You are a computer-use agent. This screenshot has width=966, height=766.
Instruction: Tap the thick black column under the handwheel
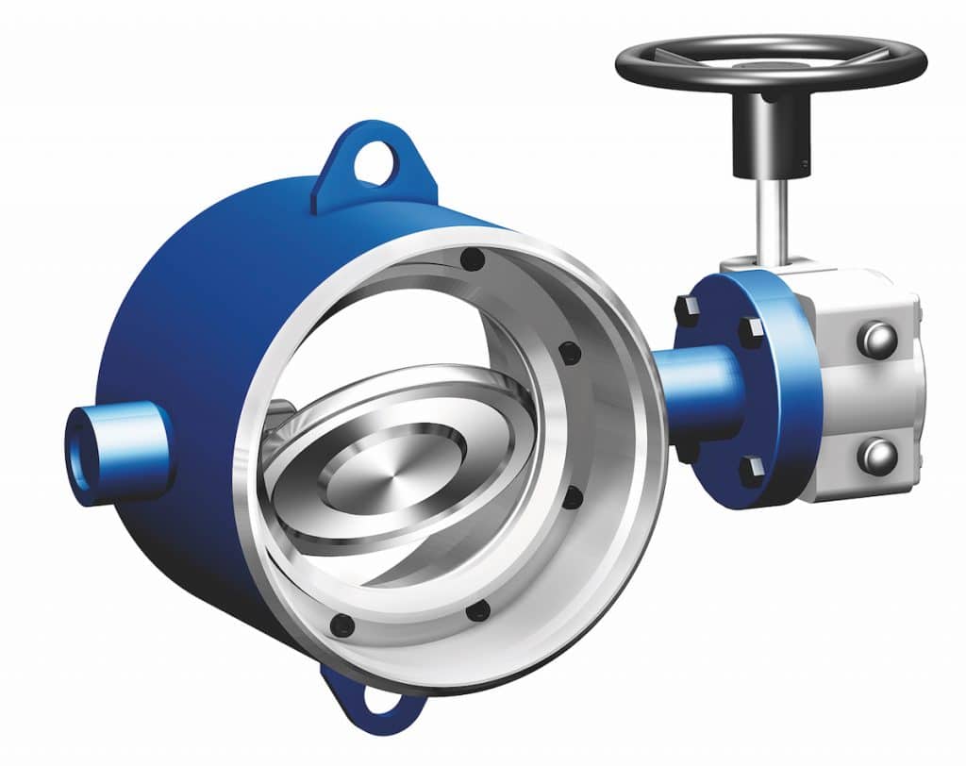pyautogui.click(x=771, y=137)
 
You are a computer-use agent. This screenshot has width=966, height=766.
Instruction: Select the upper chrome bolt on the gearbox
pyautogui.click(x=876, y=338)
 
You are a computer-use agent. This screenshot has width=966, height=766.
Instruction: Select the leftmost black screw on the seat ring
pyautogui.click(x=343, y=624)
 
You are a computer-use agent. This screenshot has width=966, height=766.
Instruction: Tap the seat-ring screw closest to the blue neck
pyautogui.click(x=569, y=354)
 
